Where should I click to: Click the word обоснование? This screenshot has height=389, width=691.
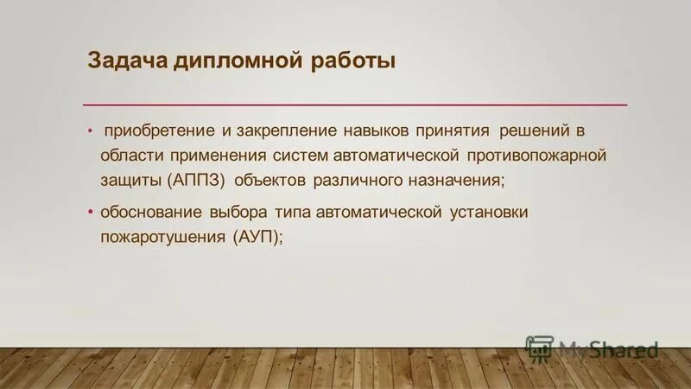(x=151, y=212)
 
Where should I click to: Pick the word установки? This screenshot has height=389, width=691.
(x=489, y=212)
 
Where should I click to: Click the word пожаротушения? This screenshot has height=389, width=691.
(x=162, y=237)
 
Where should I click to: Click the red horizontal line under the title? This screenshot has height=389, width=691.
(x=354, y=105)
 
